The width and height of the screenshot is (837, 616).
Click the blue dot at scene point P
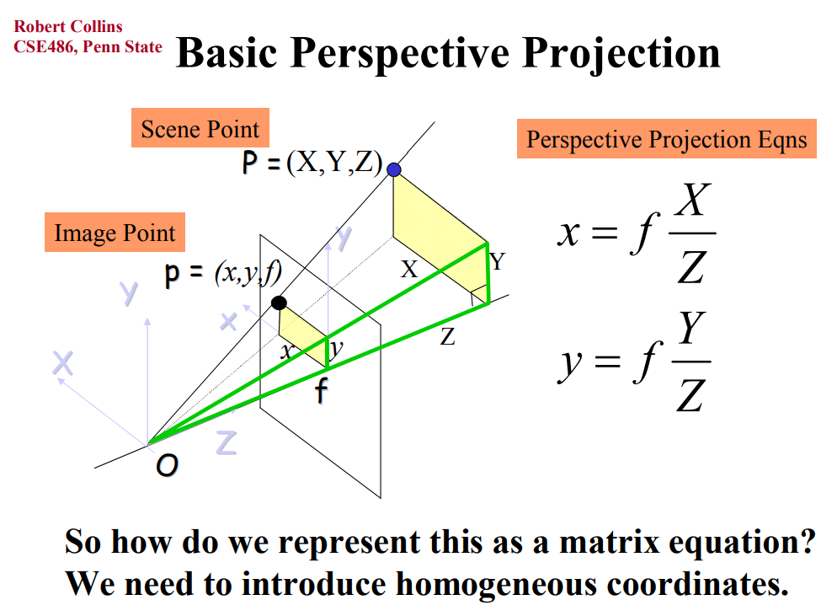[x=394, y=170]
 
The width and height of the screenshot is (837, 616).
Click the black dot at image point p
[x=279, y=303]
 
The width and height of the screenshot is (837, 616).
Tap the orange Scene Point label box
[x=200, y=128]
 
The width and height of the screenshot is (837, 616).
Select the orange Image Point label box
[x=115, y=232]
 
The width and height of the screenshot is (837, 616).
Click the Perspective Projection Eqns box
[x=667, y=139]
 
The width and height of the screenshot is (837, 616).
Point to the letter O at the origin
[x=167, y=465]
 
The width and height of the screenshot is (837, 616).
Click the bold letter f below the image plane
[x=322, y=390]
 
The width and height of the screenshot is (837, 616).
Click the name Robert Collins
[x=68, y=26]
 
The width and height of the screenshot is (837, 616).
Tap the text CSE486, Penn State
[x=88, y=47]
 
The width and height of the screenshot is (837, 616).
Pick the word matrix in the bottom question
[x=609, y=542]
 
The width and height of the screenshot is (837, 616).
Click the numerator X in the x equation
[x=692, y=199]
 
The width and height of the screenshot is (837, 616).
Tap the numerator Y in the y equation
[x=691, y=328]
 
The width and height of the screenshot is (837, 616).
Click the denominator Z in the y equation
[x=690, y=395]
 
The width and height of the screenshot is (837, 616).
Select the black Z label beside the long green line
[x=447, y=337]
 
